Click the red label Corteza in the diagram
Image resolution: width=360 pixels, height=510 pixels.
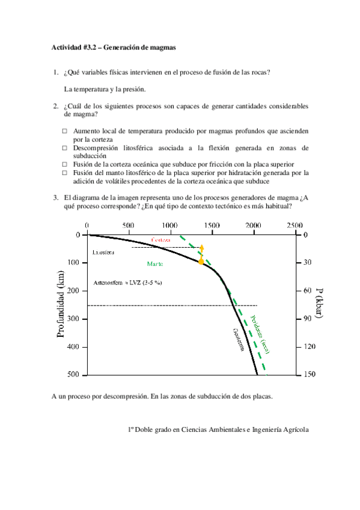tap(160, 240)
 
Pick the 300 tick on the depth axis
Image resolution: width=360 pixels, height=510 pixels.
tap(75, 319)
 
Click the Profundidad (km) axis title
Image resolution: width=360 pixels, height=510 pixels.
tap(61, 303)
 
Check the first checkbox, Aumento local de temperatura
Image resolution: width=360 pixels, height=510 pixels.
tap(65, 131)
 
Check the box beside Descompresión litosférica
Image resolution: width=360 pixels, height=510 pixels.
tap(65, 147)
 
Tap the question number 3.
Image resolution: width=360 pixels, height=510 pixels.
tap(55, 197)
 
